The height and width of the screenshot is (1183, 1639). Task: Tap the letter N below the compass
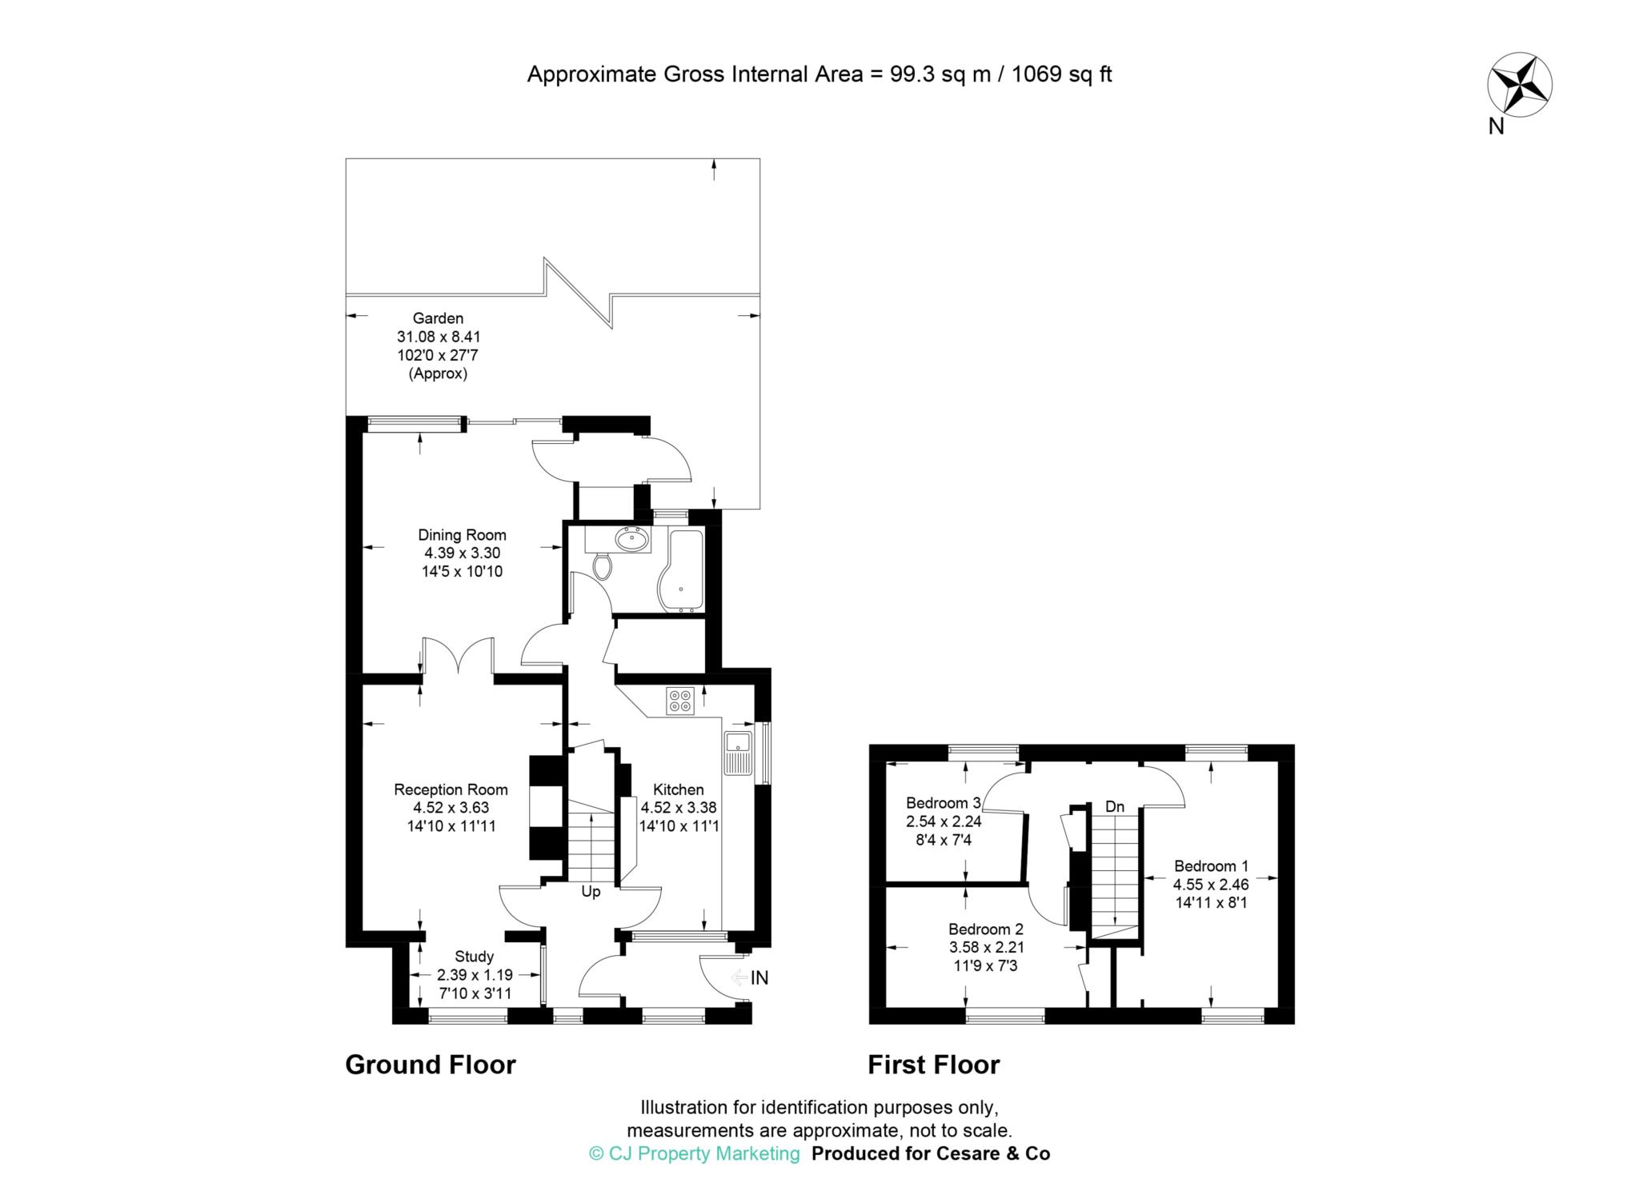click(x=1496, y=126)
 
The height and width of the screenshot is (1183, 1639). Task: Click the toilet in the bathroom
click(x=603, y=567)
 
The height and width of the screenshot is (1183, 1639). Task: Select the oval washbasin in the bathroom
click(x=632, y=540)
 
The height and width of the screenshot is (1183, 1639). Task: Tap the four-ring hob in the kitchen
click(x=679, y=701)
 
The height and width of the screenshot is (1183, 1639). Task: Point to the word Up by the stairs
click(x=591, y=892)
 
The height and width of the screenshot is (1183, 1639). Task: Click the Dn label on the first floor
click(x=1115, y=807)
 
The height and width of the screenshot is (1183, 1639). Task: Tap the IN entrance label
click(x=759, y=977)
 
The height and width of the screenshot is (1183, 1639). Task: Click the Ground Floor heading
click(x=430, y=1065)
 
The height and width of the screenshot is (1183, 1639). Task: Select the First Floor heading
click(x=933, y=1065)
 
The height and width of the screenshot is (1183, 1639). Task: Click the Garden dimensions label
click(x=439, y=346)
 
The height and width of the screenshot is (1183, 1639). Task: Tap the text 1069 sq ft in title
click(x=1062, y=74)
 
